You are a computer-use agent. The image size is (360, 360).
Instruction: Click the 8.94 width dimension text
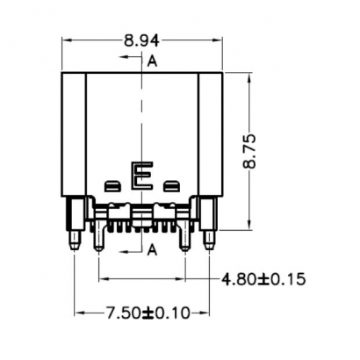142,39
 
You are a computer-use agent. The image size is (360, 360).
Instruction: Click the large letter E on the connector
141,176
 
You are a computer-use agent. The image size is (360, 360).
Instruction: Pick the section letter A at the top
153,61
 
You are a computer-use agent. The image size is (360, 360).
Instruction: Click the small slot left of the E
112,185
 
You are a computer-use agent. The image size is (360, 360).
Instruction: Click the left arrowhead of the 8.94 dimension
66,40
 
